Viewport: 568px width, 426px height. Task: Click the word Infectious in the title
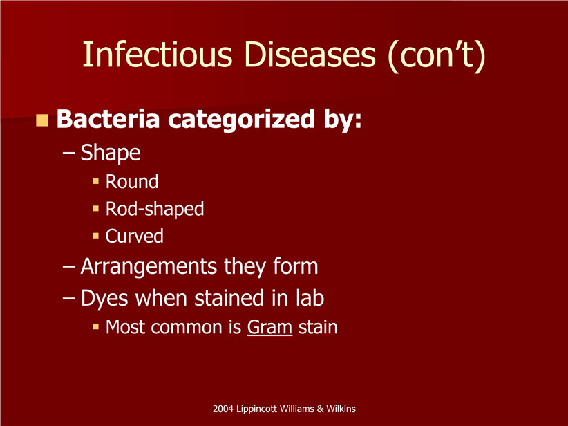coord(158,55)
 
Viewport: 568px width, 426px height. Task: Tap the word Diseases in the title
coord(310,55)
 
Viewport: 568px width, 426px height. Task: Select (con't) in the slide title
coord(437,55)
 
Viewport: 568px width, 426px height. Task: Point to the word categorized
coord(241,120)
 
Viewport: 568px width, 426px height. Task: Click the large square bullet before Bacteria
coord(42,120)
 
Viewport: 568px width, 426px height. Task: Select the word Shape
coord(110,153)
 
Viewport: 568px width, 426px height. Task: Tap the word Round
coord(132,181)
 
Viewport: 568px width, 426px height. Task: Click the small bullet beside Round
coord(95,181)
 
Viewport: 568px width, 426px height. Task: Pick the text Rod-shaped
coord(155,209)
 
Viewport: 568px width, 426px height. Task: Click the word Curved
coord(134,236)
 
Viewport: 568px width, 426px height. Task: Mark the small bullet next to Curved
coord(95,236)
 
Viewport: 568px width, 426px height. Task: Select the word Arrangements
coord(149,267)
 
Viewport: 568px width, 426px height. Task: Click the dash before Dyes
coord(69,299)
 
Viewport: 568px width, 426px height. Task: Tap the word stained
coord(229,298)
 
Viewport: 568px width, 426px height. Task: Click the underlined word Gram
coord(269,327)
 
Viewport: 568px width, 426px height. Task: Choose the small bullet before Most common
coord(95,326)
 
